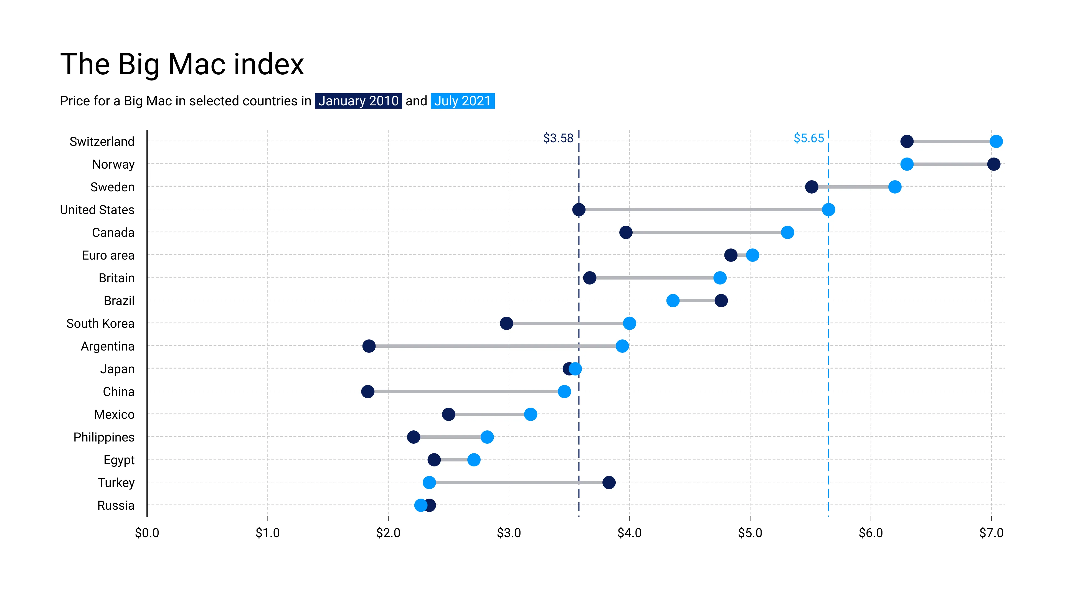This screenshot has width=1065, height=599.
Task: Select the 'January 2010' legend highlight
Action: pyautogui.click(x=358, y=101)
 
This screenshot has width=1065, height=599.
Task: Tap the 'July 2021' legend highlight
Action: pyautogui.click(x=462, y=101)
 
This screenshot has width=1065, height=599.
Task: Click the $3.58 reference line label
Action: pyautogui.click(x=558, y=138)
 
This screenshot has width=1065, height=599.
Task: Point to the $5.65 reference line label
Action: pyautogui.click(x=809, y=138)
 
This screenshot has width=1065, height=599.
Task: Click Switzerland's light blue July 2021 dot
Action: pyautogui.click(x=996, y=141)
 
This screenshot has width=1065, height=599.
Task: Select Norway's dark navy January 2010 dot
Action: pyautogui.click(x=993, y=164)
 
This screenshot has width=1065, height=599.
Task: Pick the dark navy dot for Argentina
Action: pyautogui.click(x=369, y=346)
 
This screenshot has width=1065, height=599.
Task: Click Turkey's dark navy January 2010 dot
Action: pyautogui.click(x=608, y=483)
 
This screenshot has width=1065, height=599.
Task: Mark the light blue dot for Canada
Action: pyautogui.click(x=787, y=232)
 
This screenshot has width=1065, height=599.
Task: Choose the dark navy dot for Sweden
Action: pyautogui.click(x=812, y=187)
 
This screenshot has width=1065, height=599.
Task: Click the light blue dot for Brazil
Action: pyautogui.click(x=673, y=301)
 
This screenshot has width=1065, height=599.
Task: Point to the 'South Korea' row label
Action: pyautogui.click(x=100, y=323)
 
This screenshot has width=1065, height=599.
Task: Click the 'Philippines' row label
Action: pyautogui.click(x=104, y=437)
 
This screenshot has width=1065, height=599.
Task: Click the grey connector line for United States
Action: pyautogui.click(x=703, y=210)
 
